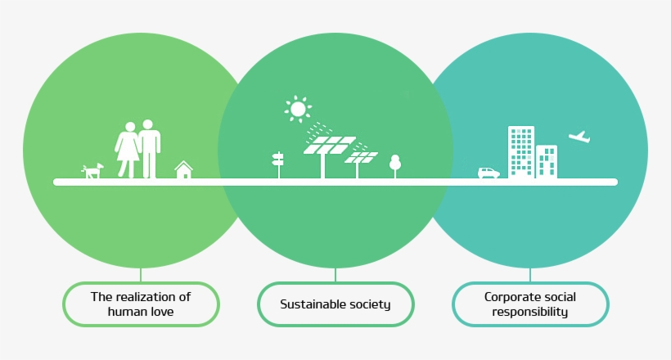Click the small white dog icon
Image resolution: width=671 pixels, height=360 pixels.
[x=92, y=170]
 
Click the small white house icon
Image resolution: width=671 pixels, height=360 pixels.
[x=184, y=169]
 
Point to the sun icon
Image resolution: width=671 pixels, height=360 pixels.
[x=298, y=109]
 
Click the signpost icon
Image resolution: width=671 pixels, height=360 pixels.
[x=277, y=164]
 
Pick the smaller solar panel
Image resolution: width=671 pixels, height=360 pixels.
[x=361, y=156]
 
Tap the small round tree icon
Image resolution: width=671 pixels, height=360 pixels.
[x=395, y=164]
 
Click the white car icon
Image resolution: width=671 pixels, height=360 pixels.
[x=489, y=173]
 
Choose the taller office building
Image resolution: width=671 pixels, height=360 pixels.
[x=520, y=151]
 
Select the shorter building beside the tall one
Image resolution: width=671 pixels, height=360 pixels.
[x=547, y=160]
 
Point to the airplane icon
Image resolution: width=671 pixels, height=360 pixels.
[x=579, y=137]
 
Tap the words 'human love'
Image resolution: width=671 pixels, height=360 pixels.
[x=141, y=312]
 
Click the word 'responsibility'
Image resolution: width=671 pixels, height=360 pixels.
[x=530, y=312]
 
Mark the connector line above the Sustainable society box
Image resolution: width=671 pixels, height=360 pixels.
[x=335, y=275]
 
